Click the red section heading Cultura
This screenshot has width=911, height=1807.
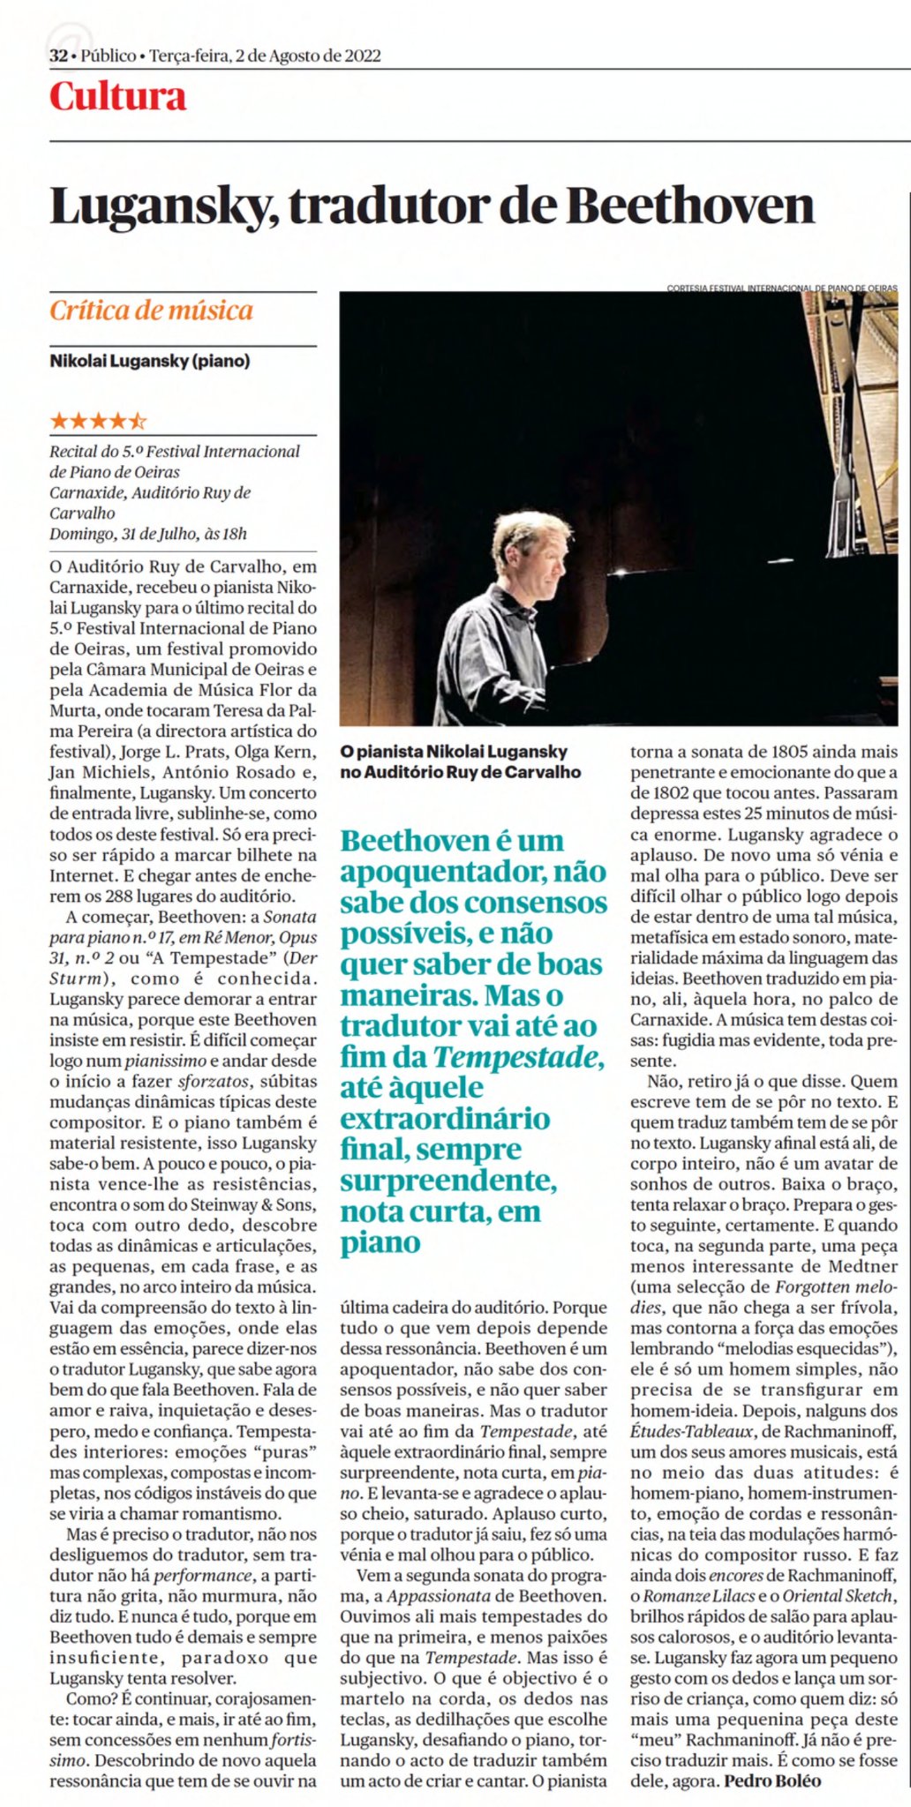(117, 96)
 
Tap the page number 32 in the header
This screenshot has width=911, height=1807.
(58, 56)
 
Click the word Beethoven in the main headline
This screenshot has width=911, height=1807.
(690, 206)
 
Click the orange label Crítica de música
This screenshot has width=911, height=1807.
(151, 311)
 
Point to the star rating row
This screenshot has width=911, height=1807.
(98, 421)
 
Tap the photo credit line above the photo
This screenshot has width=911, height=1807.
(781, 288)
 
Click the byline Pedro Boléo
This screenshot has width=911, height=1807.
(772, 1781)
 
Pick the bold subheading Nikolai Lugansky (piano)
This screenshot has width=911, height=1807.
(149, 361)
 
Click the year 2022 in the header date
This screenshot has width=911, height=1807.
(362, 56)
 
